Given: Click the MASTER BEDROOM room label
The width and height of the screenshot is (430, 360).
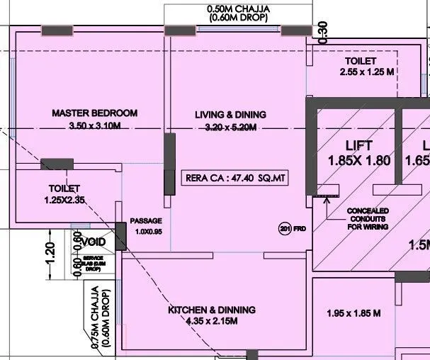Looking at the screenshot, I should click(x=94, y=113).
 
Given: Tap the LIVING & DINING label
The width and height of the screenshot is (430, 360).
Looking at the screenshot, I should click(x=230, y=114).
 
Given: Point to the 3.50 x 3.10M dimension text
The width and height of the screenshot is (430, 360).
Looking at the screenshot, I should click(x=96, y=126).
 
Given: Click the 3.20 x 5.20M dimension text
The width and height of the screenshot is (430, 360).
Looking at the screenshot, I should click(x=230, y=127).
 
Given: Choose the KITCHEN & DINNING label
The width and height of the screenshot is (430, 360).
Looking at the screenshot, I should click(x=211, y=310).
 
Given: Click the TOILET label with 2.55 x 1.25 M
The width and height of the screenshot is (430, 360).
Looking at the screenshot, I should click(x=361, y=62).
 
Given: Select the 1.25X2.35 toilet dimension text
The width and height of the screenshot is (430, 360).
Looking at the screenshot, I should click(x=64, y=201).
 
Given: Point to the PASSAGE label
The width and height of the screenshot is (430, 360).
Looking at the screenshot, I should click(x=146, y=221).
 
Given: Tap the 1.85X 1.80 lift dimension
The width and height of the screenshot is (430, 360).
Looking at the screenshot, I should click(x=359, y=161).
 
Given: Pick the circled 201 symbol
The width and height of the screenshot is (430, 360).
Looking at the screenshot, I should click(x=284, y=228).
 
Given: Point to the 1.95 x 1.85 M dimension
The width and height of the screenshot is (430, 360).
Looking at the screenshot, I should click(x=353, y=313).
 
